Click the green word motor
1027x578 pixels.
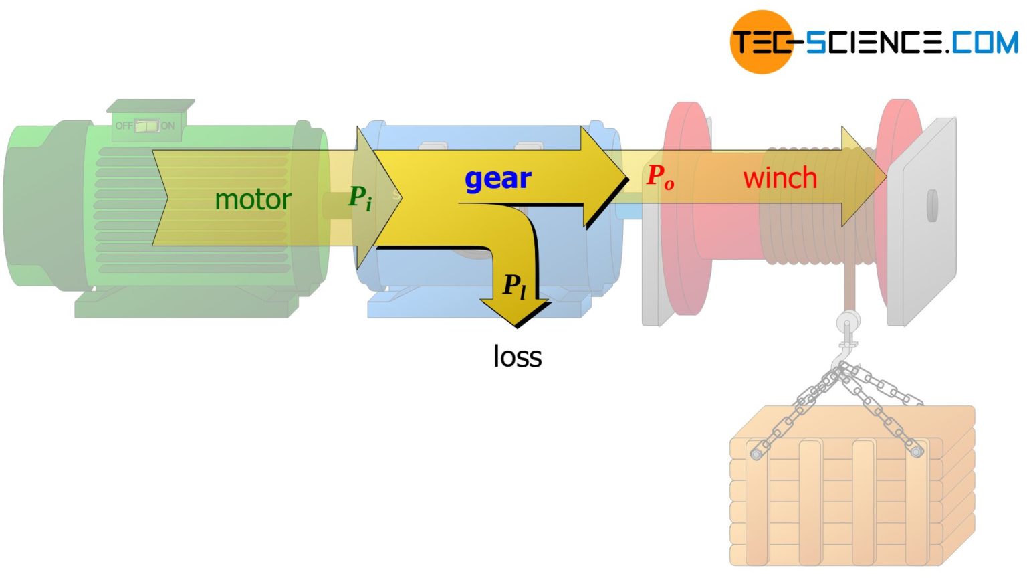[253, 199]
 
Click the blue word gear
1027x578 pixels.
[497, 179]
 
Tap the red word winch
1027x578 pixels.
[780, 178]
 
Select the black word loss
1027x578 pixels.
[517, 356]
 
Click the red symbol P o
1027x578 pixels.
[660, 177]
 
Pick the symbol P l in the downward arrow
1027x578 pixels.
[514, 286]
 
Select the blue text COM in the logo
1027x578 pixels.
[984, 42]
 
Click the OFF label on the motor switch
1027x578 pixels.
[124, 126]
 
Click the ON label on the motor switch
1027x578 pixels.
[167, 126]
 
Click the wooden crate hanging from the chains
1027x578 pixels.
[852, 495]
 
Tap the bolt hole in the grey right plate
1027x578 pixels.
[932, 205]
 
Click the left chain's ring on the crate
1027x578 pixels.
[756, 454]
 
